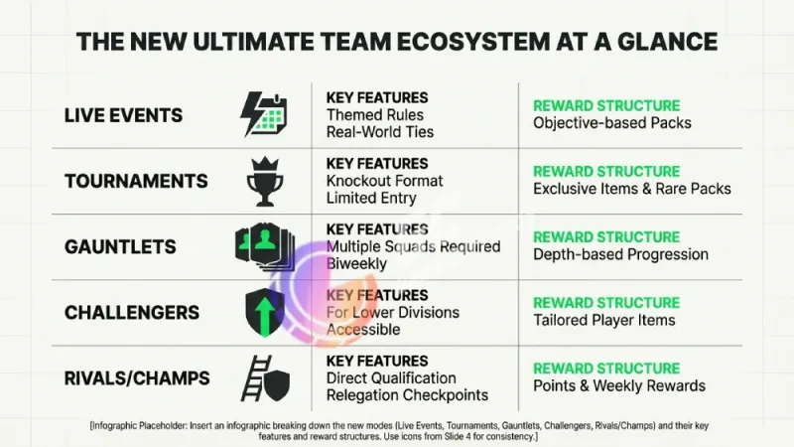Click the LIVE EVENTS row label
pos(123,115)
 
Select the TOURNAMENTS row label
pos(136,181)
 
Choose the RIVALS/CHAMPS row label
pos(137,378)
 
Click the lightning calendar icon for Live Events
pos(264,114)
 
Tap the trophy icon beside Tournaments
pos(264,181)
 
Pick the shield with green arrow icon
pos(264,312)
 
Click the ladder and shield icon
pos(264,377)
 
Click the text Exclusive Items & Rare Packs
pos(631,189)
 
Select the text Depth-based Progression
pos(620,254)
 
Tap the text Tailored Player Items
pos(603,320)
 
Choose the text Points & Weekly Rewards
pos(618,385)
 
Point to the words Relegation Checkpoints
pos(407,394)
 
